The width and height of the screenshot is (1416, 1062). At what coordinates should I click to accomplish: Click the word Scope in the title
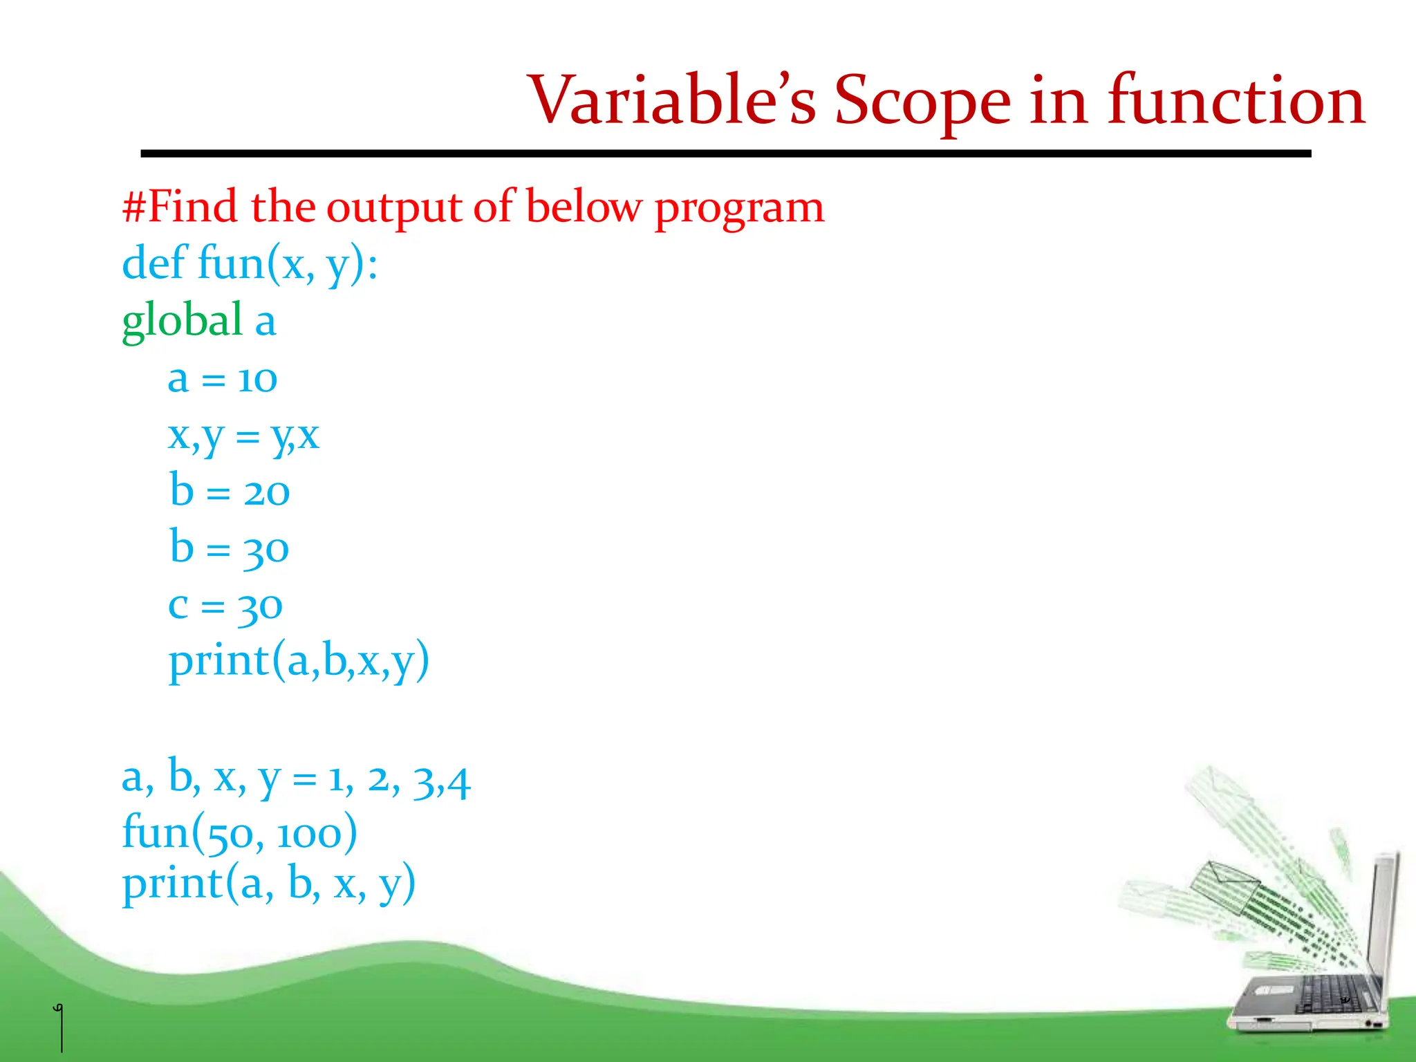pos(922,102)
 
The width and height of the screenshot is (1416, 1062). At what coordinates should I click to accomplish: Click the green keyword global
pos(182,321)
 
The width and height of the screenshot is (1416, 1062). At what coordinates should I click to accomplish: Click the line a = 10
pos(222,379)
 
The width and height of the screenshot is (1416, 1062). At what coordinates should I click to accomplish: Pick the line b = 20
pos(230,492)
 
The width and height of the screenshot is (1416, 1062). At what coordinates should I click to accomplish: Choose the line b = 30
pos(230,548)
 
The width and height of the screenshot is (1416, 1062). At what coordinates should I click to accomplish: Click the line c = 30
pos(225,606)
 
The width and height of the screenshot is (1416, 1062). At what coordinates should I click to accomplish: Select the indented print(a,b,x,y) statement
pos(299,662)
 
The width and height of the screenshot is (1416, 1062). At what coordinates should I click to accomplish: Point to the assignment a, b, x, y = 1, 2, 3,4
pos(296,779)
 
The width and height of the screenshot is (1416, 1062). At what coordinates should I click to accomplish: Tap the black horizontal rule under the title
pos(726,153)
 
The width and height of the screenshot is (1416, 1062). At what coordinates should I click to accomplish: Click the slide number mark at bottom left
pos(60,1027)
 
